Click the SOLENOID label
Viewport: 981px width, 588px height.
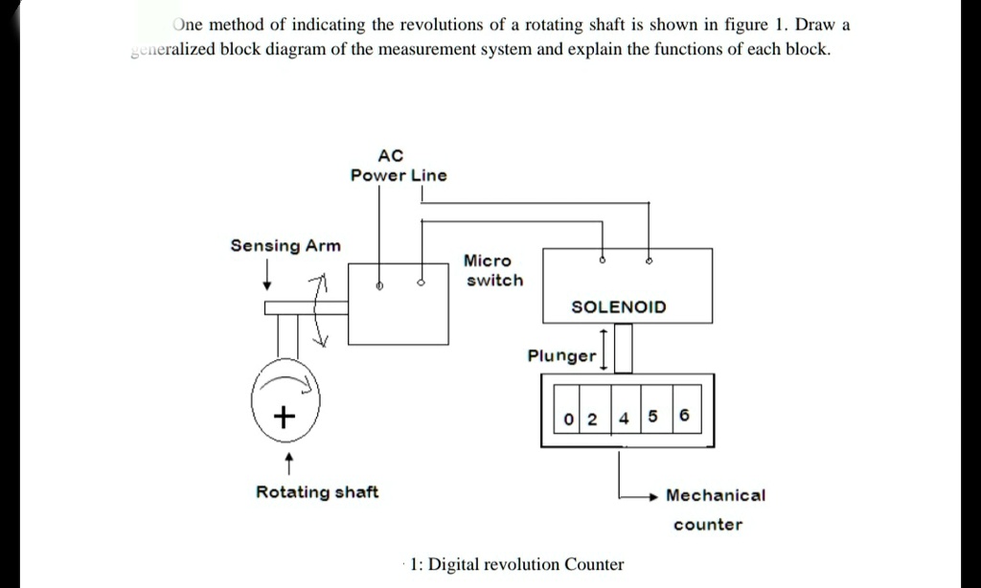coord(618,307)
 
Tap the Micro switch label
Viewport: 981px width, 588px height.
coord(493,270)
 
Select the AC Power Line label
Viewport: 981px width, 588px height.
coord(398,165)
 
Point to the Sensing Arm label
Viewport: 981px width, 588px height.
coord(285,246)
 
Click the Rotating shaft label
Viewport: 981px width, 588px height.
coord(316,492)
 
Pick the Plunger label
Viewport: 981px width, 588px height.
coord(561,356)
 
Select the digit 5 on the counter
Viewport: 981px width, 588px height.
coord(653,418)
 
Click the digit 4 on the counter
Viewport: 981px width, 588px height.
coord(624,418)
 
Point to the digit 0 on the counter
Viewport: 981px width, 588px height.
coord(569,418)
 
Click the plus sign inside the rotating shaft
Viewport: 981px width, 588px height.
coord(283,417)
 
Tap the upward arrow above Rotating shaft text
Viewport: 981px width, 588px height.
coord(288,464)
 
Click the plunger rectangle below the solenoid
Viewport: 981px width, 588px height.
coord(623,348)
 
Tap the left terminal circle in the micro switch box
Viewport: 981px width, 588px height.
coord(378,285)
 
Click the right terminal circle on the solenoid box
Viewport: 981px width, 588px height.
coord(650,260)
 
